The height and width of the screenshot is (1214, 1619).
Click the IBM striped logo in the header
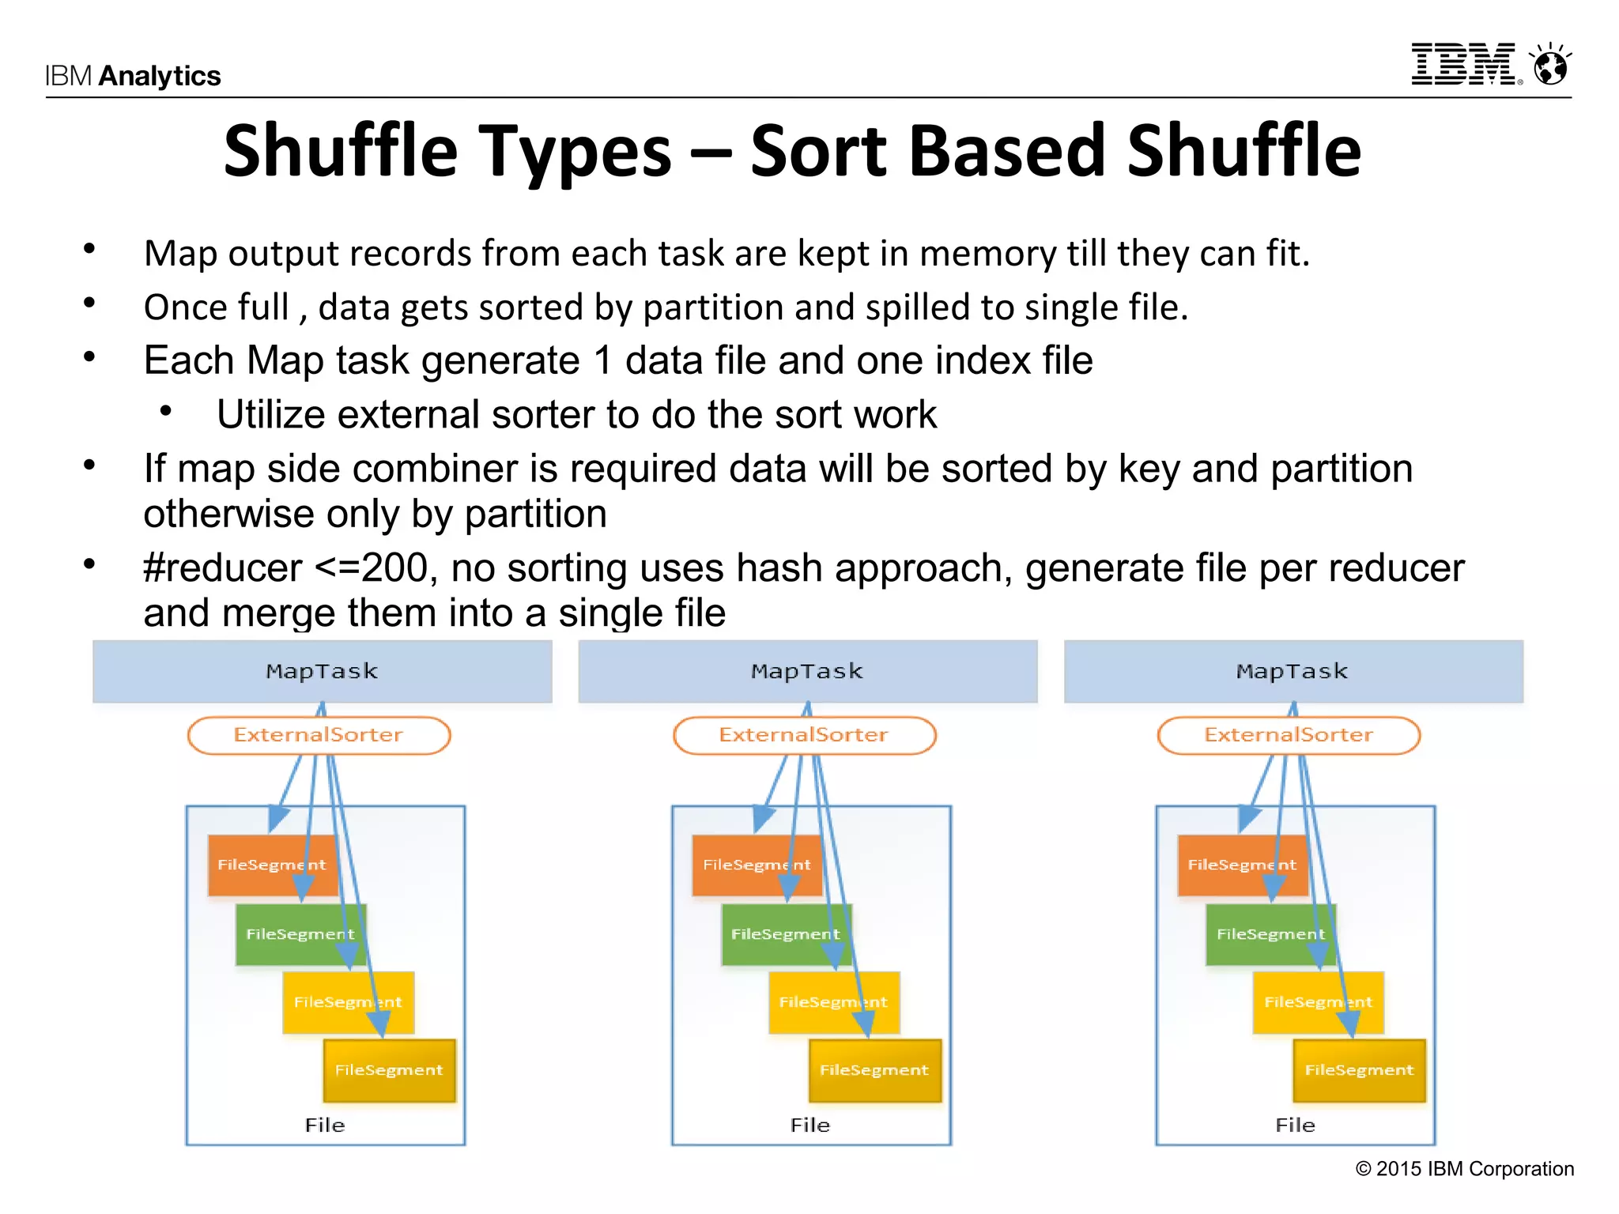coord(1464,64)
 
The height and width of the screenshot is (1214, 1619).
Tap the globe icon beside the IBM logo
coord(1550,65)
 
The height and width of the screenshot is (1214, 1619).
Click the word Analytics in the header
coord(160,76)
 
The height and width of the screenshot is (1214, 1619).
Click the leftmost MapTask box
coord(322,671)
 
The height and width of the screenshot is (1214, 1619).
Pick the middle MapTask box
coord(807,671)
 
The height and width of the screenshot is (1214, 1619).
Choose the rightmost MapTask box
coord(1293,671)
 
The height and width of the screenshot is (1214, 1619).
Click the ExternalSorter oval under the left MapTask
coord(319,735)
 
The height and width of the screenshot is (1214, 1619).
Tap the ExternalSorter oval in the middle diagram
coord(804,735)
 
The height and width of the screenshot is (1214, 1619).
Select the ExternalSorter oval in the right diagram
coord(1289,735)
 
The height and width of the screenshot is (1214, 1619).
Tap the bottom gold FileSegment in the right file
coord(1359,1070)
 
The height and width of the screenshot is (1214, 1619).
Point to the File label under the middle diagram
coord(810,1125)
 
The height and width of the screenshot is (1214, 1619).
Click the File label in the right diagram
coord(1296,1125)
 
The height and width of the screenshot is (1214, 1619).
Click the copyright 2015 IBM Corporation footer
coord(1465,1169)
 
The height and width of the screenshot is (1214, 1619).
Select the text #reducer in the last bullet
coord(223,568)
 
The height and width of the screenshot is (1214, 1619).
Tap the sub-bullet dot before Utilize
coord(165,410)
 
